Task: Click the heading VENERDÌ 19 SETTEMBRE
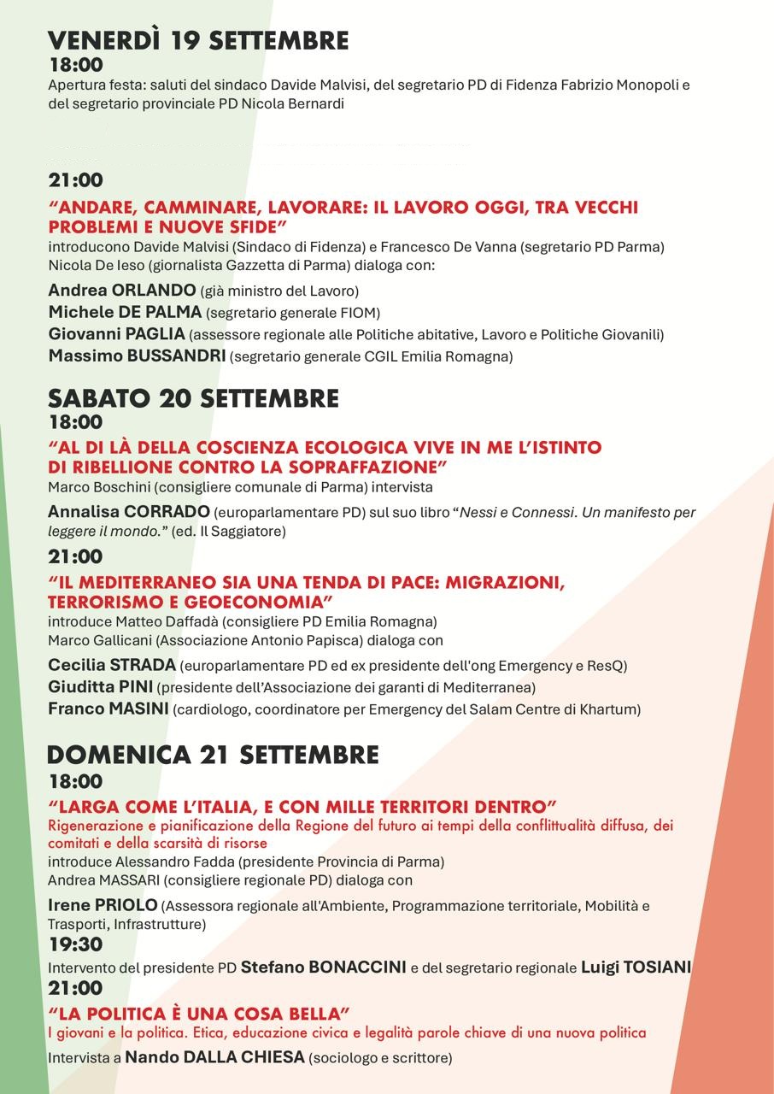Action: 198,41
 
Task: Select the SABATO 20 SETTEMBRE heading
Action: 193,398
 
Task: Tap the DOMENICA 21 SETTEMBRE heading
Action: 213,755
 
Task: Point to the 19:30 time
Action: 75,944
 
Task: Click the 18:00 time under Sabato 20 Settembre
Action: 75,421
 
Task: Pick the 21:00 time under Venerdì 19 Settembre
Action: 75,180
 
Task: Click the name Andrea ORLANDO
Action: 122,290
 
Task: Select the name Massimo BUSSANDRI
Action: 137,356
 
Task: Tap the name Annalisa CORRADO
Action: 129,512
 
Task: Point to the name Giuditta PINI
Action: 101,686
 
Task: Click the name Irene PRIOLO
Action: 103,904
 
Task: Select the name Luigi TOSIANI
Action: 636,968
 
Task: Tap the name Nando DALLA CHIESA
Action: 214,1057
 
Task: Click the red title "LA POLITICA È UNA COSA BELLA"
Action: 199,1014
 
